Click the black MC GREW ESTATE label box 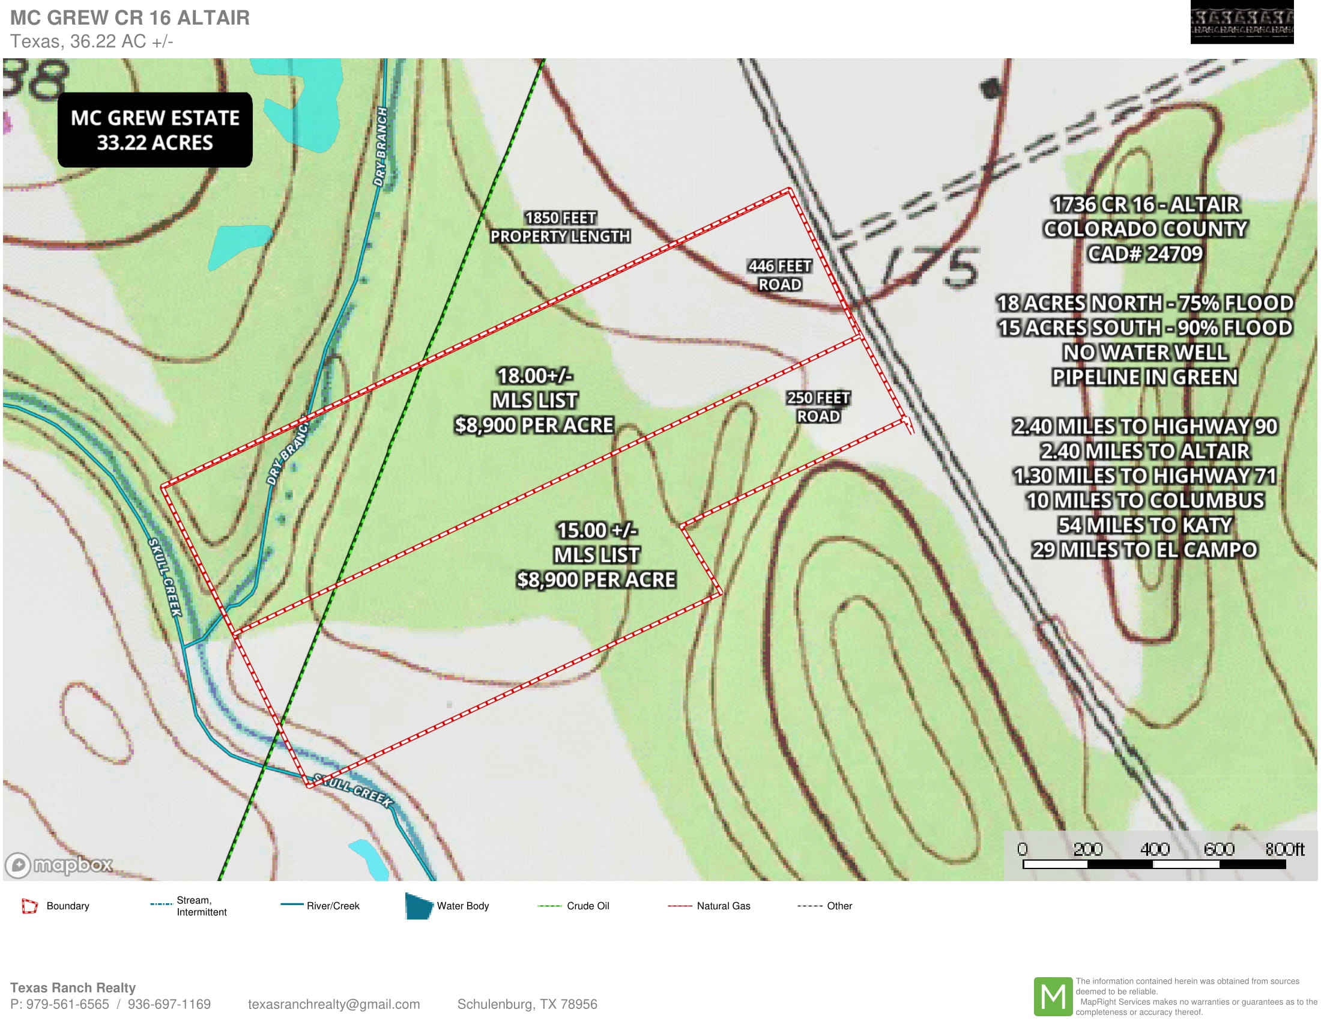coord(155,130)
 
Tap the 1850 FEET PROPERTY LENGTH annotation coord(560,227)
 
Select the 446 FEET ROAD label coord(779,274)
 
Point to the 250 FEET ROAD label coord(818,407)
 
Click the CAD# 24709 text coord(1145,253)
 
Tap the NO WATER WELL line coord(1145,352)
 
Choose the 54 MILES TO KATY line coord(1145,524)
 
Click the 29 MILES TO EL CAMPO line coord(1145,549)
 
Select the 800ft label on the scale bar coord(1285,849)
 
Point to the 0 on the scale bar coord(1022,849)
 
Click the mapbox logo coord(59,864)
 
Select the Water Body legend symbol coord(419,906)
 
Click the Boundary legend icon coord(29,906)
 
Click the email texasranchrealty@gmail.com coord(333,1004)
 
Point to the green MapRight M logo coord(1053,996)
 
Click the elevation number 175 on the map coord(931,267)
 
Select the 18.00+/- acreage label coord(534,375)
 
